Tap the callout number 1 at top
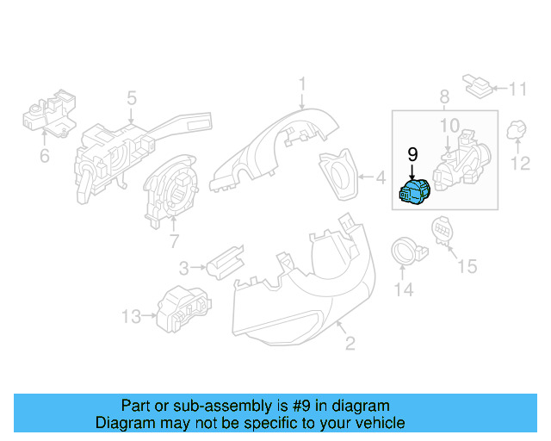[x=302, y=84]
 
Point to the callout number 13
[x=130, y=318]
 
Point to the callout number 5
[x=132, y=97]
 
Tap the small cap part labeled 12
[x=516, y=131]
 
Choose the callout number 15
[x=466, y=267]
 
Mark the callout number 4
[x=380, y=179]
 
